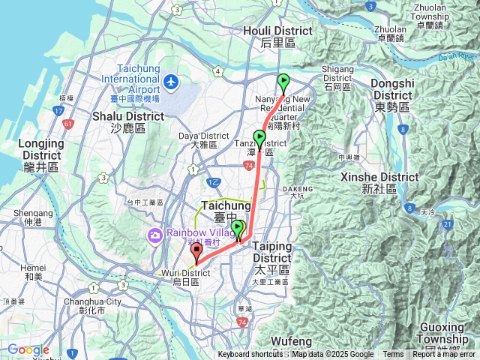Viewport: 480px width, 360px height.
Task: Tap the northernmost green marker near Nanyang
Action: click(283, 82)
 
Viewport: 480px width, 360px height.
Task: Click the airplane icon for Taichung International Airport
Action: click(172, 80)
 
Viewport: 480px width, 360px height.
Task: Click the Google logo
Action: click(28, 349)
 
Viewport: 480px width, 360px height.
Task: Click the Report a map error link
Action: click(443, 355)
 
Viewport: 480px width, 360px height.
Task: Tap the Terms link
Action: click(393, 355)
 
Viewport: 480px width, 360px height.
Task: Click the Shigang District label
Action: click(337, 73)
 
